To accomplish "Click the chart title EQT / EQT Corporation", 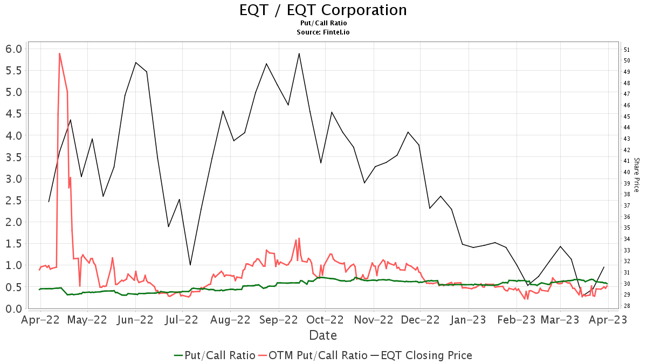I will pos(323,10).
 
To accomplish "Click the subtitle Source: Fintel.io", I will pos(323,32).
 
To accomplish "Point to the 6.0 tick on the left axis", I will pos(14,49).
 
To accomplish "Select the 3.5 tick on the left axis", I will pos(14,157).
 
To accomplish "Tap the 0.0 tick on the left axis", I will pos(14,308).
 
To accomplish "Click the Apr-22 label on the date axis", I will pos(40,320).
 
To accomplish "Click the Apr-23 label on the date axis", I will pos(608,320).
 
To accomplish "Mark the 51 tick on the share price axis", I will pos(627,50).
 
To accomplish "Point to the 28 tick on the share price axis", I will pos(627,306).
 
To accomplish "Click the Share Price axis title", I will pos(636,175).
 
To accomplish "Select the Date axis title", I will pos(323,335).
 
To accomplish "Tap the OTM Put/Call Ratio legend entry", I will pos(313,355).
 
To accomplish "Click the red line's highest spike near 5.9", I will pos(59,53).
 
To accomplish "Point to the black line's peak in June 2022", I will pos(136,63).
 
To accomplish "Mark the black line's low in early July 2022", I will pos(190,265).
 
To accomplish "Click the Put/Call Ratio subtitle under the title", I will pos(323,23).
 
